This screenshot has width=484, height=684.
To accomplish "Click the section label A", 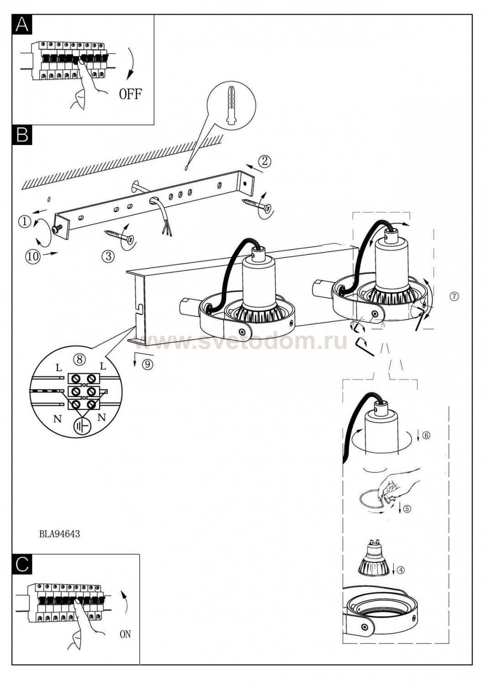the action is [22, 25].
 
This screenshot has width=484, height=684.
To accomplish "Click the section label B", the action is [22, 135].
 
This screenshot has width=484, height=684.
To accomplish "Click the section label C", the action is [22, 565].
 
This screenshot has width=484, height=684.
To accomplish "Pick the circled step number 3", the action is [109, 256].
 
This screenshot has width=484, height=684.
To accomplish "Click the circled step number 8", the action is [79, 360].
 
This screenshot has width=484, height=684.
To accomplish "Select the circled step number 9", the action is [148, 365].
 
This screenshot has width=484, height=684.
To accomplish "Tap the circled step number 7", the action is [455, 296].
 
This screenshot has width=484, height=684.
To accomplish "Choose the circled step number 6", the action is [426, 435].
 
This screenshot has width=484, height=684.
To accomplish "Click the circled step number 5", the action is [407, 509].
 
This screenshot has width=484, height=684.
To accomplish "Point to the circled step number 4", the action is [401, 570].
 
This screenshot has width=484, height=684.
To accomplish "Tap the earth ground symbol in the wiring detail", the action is [81, 426].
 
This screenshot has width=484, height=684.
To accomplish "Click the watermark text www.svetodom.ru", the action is [241, 342].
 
